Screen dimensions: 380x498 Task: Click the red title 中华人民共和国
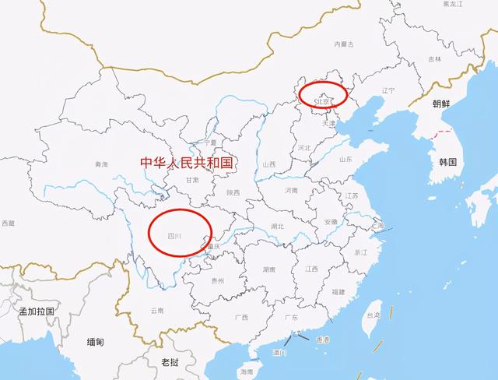point(186,163)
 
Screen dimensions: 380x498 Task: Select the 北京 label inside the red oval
point(322,101)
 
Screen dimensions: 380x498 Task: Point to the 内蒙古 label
point(343,44)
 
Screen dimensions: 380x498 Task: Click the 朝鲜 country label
point(441,103)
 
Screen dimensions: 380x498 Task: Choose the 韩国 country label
point(447,162)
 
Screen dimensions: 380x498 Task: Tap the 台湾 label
point(373,315)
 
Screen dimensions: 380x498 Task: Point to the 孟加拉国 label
point(36,311)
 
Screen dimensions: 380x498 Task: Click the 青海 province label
point(102,164)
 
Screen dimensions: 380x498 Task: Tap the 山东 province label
point(346,159)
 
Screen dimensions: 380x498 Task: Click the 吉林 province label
point(434,58)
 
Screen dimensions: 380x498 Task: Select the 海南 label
point(247,372)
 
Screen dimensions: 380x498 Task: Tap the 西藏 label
point(7,223)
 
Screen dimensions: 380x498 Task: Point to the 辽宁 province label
point(389,90)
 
